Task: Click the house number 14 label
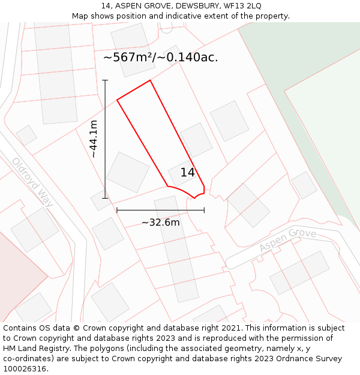(187, 172)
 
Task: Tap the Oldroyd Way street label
(32, 182)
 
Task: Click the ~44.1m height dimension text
(94, 139)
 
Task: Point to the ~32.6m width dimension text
(160, 223)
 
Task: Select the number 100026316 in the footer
(25, 368)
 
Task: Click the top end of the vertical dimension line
(105, 80)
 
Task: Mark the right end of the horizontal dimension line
(204, 210)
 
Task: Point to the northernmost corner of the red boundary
(149, 80)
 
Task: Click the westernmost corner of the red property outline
(117, 100)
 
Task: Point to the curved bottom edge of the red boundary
(183, 190)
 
